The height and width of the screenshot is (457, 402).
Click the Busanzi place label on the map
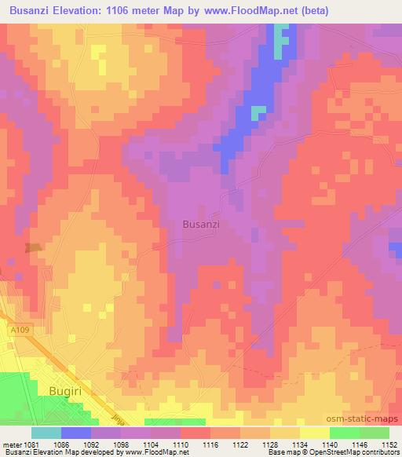pos(200,224)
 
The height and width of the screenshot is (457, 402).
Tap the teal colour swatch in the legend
pos(46,433)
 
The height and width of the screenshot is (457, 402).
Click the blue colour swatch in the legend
pos(76,433)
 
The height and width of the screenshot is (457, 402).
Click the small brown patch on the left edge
pos(33,248)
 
